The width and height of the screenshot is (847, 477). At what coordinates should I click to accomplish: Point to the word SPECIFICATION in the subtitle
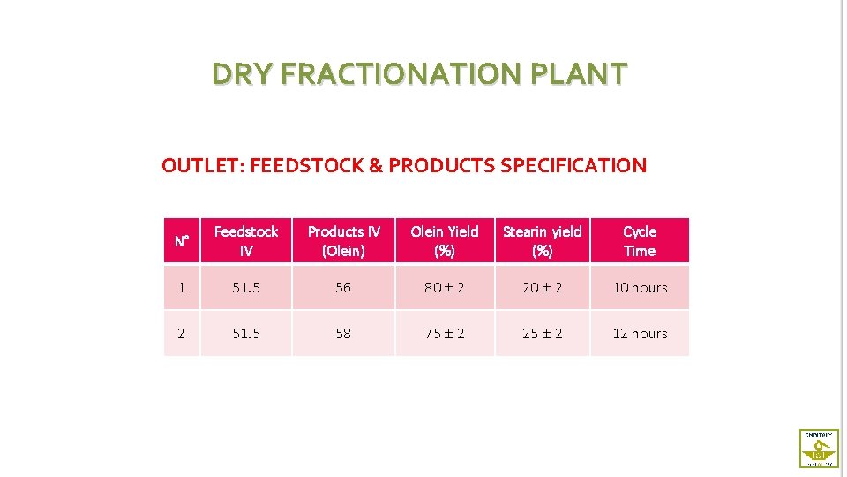pos(573,165)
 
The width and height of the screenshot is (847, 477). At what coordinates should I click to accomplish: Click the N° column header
pos(182,241)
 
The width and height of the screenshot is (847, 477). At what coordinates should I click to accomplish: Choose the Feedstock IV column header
pos(246,241)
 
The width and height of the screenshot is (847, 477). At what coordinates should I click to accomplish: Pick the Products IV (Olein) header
pos(343,241)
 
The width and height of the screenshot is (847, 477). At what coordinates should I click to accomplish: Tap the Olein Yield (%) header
pos(445,241)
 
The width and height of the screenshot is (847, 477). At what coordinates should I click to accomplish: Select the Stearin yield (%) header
pos(542,241)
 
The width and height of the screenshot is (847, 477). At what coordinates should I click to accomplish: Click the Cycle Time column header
pos(640,241)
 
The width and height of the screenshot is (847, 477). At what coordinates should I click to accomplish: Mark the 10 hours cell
pos(640,287)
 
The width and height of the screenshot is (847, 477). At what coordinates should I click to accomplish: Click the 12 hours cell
pos(640,333)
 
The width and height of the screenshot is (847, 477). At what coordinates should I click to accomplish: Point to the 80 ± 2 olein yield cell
pos(445,287)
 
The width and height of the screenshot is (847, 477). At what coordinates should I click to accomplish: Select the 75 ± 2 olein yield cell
pos(445,333)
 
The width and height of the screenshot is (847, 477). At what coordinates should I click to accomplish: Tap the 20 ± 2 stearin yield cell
pos(542,287)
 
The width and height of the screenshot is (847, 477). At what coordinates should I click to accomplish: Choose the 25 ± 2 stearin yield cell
pos(542,333)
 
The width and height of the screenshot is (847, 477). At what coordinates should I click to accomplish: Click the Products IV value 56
pos(343,287)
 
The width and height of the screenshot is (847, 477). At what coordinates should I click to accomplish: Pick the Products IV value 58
pos(343,333)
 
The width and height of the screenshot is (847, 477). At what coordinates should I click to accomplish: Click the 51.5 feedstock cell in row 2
pos(246,333)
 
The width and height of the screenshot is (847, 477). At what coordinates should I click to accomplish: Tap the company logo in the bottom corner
pos(818,448)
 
